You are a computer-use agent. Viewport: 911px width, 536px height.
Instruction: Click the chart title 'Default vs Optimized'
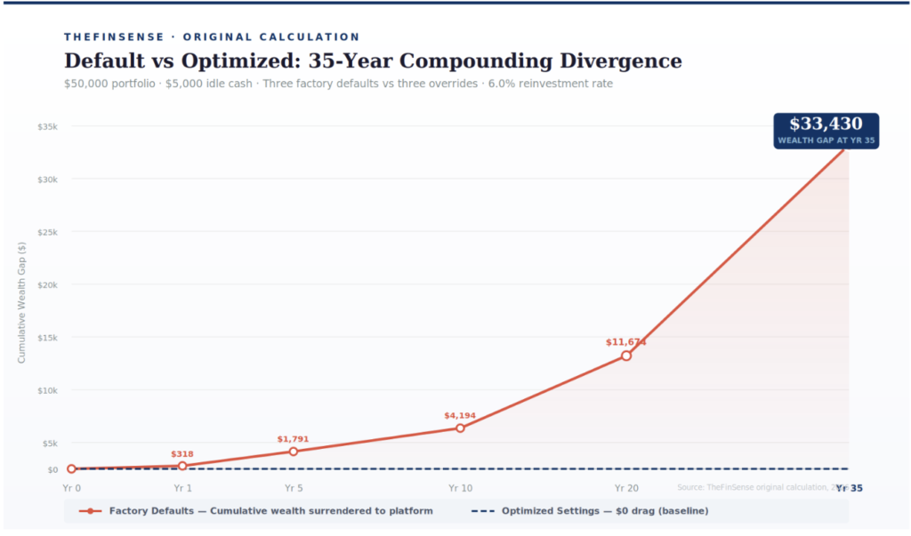[373, 61]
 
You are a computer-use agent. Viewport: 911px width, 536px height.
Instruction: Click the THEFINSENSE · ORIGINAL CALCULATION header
[212, 37]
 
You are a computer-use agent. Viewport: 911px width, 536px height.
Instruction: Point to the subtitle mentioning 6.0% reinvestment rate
[338, 84]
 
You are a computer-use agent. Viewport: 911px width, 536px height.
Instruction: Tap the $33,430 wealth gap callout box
[826, 130]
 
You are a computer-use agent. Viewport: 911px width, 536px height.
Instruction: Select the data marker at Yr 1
[182, 466]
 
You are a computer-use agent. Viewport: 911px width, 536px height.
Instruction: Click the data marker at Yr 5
[294, 452]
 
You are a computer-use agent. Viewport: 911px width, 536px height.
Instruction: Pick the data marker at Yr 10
[460, 428]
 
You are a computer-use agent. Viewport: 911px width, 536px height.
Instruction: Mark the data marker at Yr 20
[626, 356]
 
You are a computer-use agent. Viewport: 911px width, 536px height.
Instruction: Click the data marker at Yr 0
[72, 469]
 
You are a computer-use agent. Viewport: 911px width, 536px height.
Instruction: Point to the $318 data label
[182, 454]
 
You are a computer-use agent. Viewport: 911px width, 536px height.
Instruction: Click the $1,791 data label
[293, 439]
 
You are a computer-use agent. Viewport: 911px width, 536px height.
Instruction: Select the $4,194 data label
[460, 416]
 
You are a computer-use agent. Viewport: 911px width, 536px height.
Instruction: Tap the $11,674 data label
[625, 342]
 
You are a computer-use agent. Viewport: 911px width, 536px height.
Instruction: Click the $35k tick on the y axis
[47, 127]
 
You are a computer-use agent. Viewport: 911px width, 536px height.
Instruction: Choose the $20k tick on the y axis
[47, 285]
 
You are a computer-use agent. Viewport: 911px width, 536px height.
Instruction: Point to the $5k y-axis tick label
[49, 444]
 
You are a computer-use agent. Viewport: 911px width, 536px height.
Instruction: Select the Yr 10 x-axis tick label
[460, 488]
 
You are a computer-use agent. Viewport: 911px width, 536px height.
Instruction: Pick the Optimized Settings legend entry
[589, 511]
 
